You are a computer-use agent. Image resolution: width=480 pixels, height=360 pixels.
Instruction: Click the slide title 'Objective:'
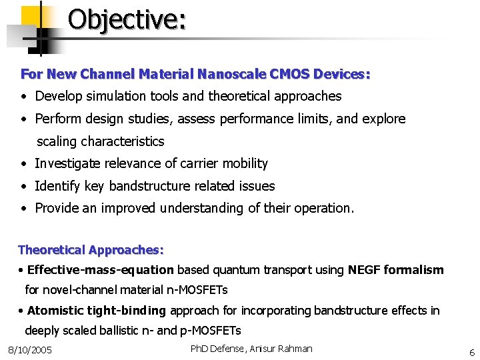click(127, 19)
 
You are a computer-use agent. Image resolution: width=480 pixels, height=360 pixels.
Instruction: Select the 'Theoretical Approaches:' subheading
click(91, 250)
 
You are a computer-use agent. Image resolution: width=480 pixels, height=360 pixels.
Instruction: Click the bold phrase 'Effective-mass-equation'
click(101, 270)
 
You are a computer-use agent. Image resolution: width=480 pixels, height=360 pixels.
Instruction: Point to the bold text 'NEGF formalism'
click(395, 270)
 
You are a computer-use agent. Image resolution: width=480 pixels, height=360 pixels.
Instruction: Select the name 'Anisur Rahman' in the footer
click(279, 349)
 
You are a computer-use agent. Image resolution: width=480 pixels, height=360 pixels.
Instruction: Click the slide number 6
click(471, 353)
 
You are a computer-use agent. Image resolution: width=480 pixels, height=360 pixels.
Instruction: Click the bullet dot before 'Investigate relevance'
click(24, 164)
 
